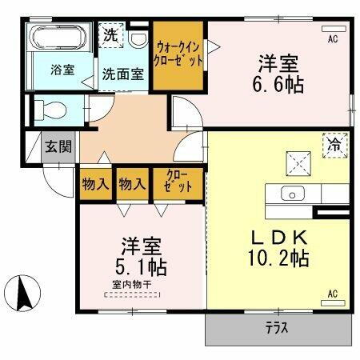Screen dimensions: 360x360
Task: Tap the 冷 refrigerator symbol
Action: point(334,144)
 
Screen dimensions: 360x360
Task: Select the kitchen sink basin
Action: point(291,193)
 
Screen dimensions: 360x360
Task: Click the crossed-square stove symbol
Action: point(299,165)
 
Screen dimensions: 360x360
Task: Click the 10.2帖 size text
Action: point(278,258)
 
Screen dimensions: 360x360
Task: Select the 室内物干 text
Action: point(131,284)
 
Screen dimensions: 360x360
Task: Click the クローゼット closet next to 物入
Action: point(178,183)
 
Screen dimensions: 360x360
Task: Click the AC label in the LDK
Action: point(332,294)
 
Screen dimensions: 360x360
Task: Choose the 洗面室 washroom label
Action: point(122,74)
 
